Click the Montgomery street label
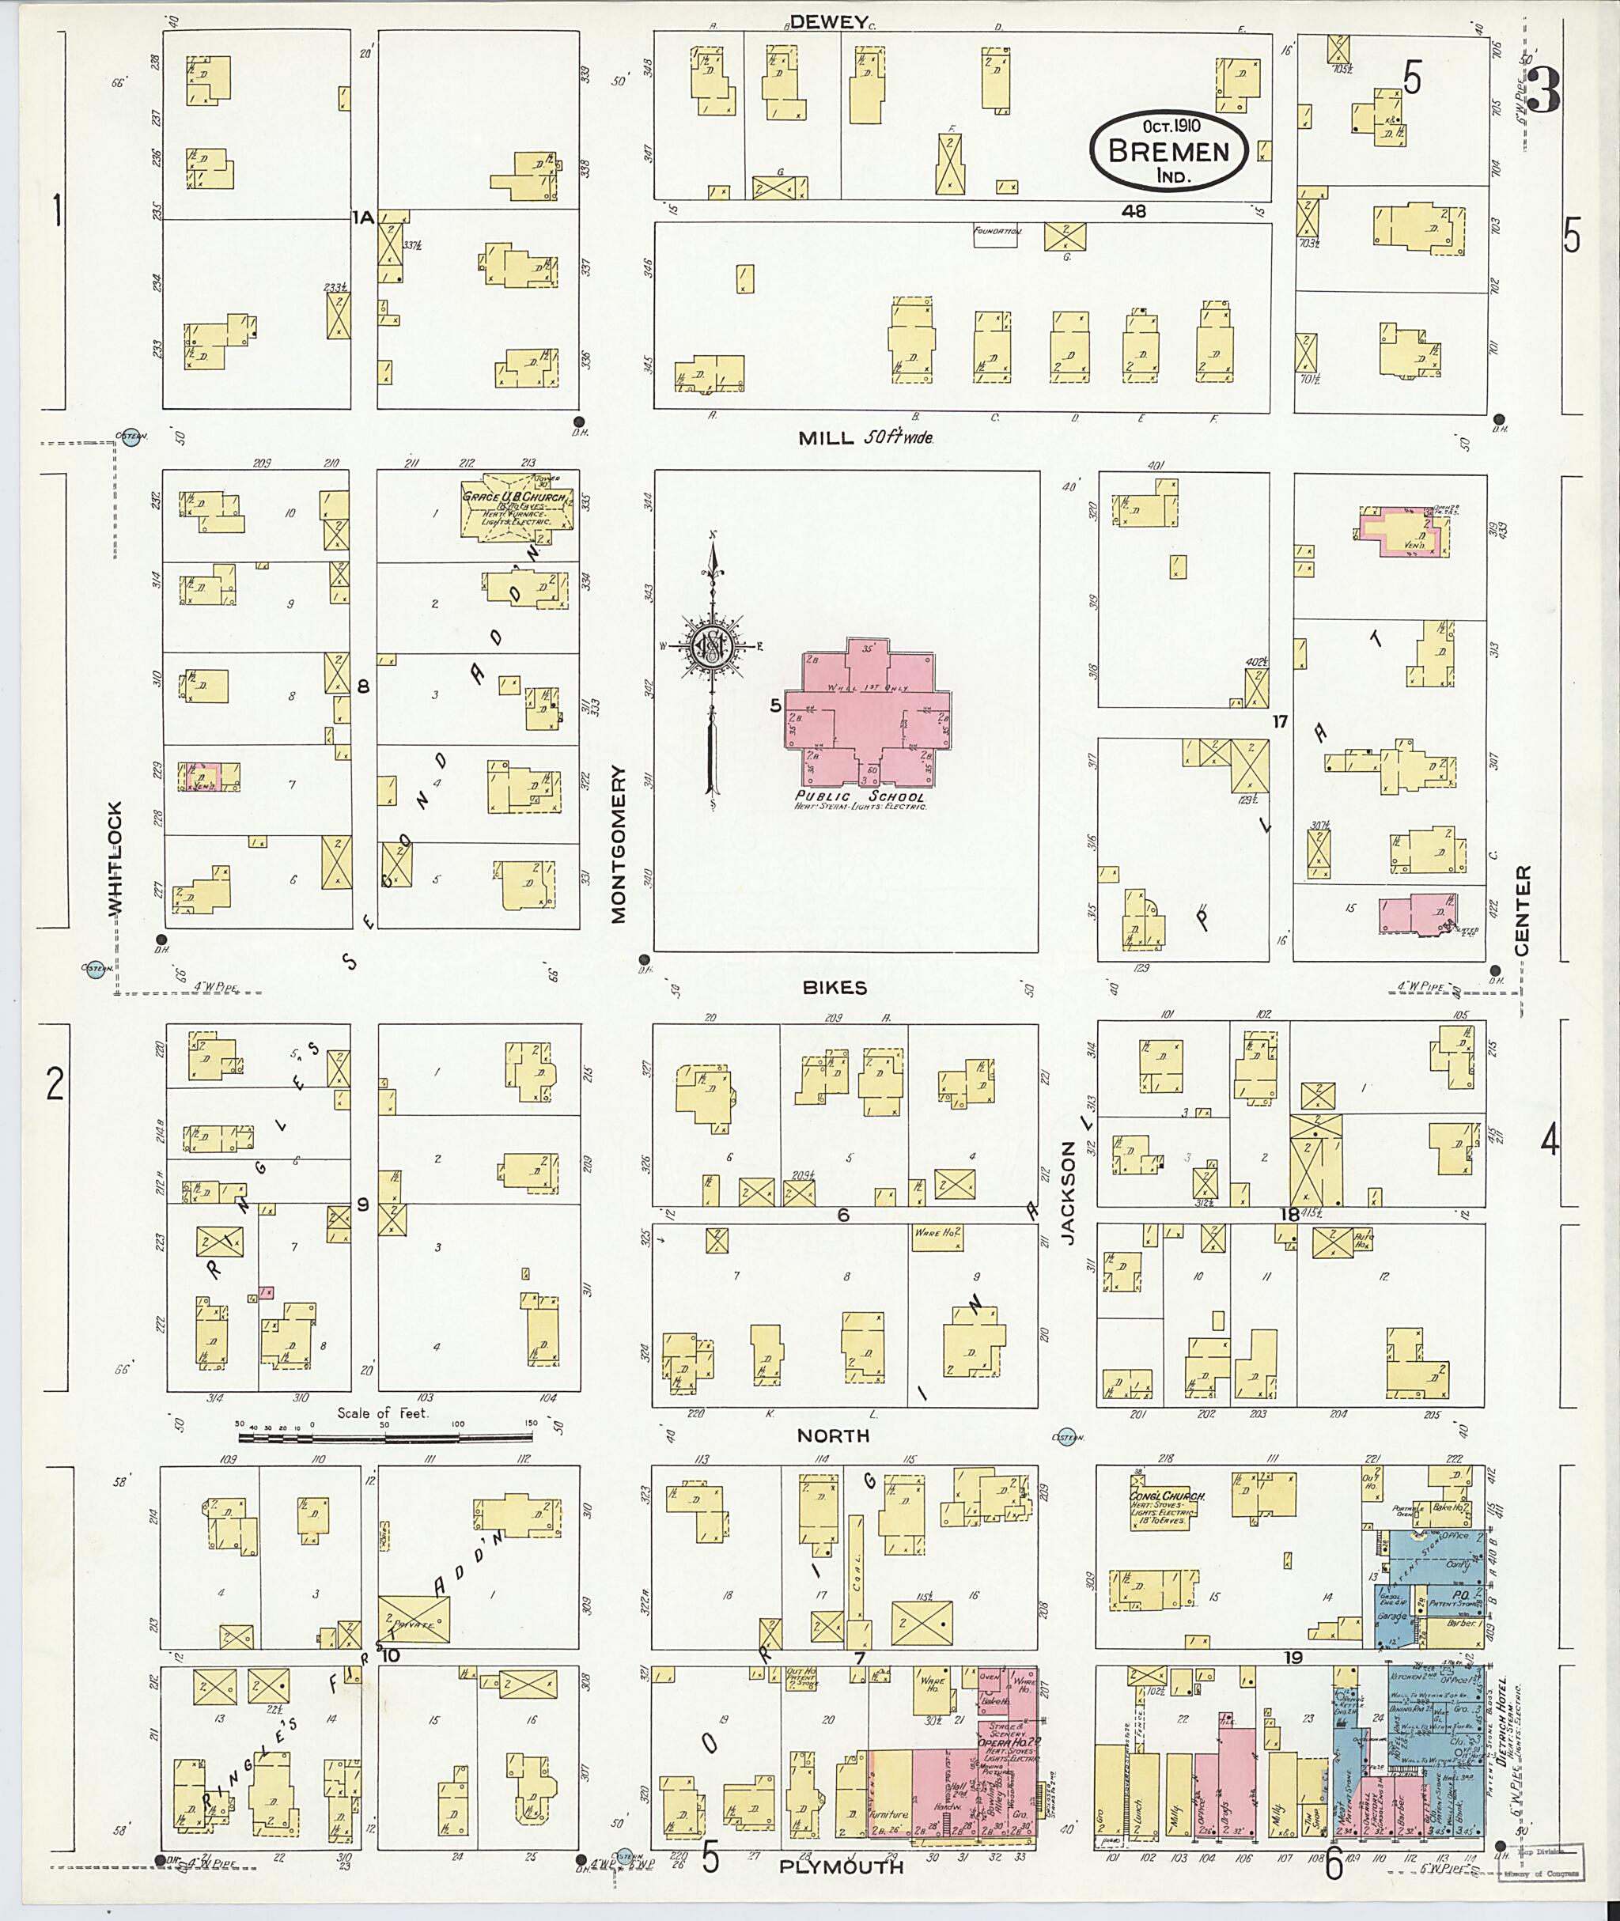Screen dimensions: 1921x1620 pyautogui.click(x=618, y=845)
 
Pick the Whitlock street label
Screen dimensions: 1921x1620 pyautogui.click(x=114, y=860)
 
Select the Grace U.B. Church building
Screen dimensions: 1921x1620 pyautogui.click(x=514, y=506)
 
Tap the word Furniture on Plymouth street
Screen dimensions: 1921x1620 pyautogui.click(x=891, y=1814)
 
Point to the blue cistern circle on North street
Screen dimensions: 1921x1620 pyautogui.click(x=1066, y=1438)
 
